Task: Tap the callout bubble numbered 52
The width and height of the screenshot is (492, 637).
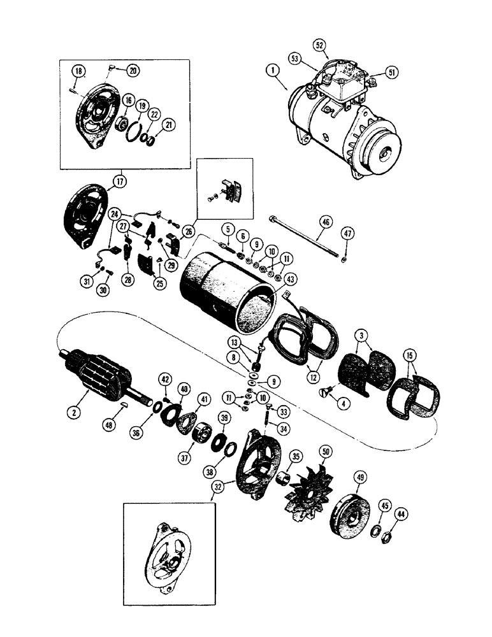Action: (319, 45)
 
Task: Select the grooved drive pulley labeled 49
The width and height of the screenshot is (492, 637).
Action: (351, 513)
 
